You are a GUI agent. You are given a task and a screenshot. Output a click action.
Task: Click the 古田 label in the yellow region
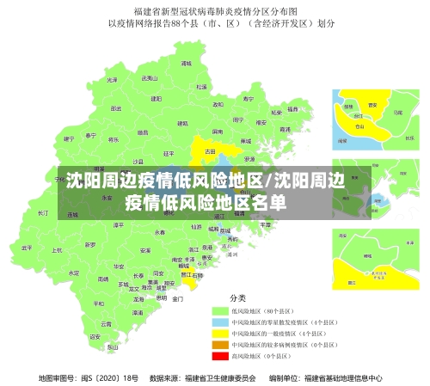tap(210, 150)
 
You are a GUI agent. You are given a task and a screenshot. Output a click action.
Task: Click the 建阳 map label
tap(156, 98)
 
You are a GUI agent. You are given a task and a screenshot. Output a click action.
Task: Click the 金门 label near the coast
tap(178, 298)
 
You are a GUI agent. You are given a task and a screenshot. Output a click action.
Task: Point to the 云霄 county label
tap(107, 323)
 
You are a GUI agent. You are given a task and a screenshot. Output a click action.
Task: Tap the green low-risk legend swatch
tap(218, 309)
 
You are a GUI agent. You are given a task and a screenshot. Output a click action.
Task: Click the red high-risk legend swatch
tap(218, 354)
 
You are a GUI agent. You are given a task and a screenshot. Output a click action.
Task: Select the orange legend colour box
tap(218, 343)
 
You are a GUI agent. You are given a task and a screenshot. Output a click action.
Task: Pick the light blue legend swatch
tap(218, 321)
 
